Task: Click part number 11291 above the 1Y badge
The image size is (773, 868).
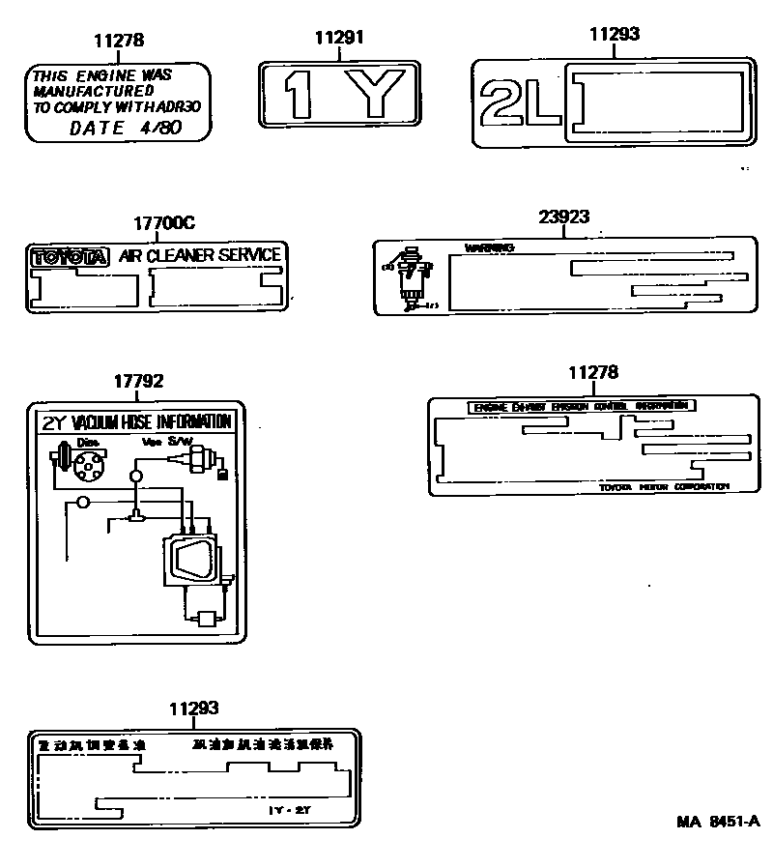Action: point(339,38)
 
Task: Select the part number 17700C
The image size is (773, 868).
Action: point(163,222)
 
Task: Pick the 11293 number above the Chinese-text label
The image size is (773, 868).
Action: point(193,709)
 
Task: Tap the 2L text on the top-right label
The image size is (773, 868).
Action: point(519,103)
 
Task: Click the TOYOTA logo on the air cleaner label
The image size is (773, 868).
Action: point(71,257)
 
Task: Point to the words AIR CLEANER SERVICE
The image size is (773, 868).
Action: point(200,256)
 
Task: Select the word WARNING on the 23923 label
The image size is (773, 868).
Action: point(489,248)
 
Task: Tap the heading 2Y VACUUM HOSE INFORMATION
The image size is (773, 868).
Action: point(136,421)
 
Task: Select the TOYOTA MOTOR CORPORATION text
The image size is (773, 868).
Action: point(664,486)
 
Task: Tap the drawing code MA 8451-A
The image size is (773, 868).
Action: point(718,822)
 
